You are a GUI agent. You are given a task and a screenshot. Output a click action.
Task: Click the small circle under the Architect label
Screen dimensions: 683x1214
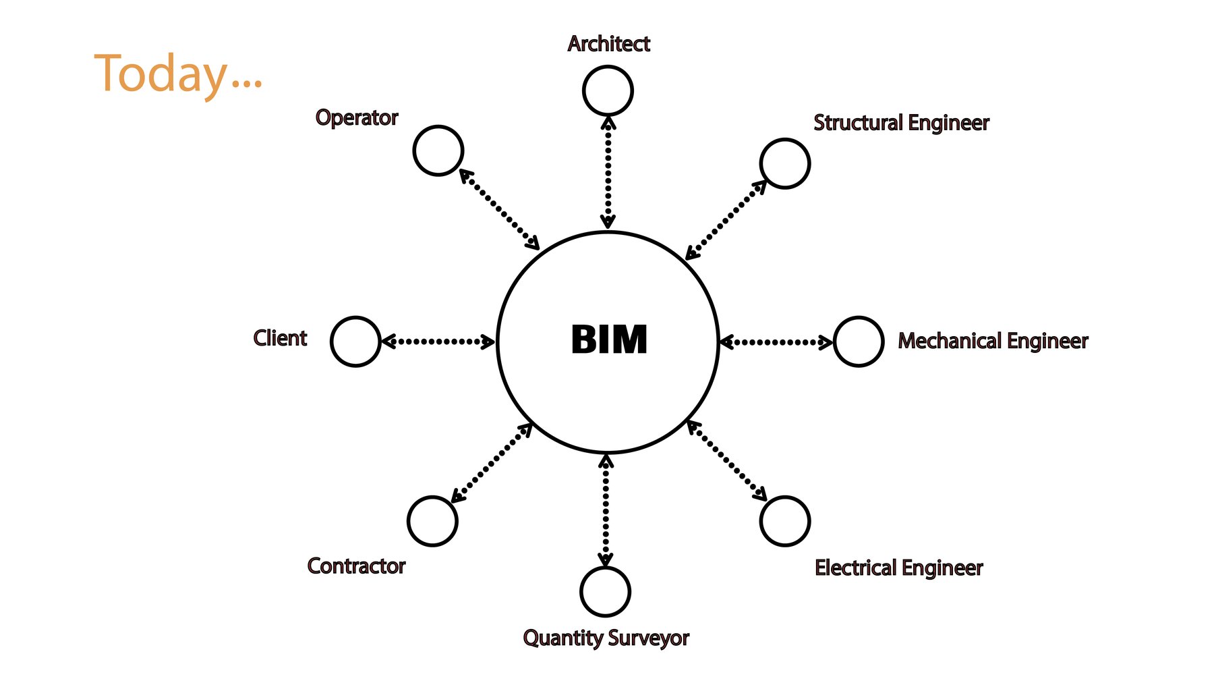(x=607, y=90)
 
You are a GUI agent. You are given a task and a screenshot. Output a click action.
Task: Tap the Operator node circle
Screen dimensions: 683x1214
(x=438, y=151)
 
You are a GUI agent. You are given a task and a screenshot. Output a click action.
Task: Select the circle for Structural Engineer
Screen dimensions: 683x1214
(x=784, y=163)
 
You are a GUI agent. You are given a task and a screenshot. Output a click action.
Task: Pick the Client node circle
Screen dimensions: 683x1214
(x=355, y=341)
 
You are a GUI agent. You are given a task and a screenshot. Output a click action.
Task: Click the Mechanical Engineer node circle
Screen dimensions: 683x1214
(x=858, y=341)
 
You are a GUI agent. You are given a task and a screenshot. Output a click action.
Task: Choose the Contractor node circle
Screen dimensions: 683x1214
(x=432, y=521)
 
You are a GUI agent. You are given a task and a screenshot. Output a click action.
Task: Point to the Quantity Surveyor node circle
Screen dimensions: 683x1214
(x=605, y=591)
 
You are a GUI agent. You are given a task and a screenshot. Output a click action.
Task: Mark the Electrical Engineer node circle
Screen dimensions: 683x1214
(x=784, y=521)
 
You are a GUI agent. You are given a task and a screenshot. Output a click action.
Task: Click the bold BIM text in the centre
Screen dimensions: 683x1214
(x=608, y=339)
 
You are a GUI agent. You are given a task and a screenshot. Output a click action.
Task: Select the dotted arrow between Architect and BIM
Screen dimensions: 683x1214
(x=608, y=172)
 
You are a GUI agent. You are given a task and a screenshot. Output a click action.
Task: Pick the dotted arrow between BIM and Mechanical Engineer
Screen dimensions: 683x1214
(x=776, y=342)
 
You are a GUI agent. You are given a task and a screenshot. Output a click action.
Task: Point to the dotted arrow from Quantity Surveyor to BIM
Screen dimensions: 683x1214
(x=606, y=510)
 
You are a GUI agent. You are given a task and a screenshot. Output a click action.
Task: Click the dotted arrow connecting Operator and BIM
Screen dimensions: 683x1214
(x=499, y=209)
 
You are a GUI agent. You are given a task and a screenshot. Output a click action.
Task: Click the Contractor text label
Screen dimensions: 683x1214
(x=356, y=566)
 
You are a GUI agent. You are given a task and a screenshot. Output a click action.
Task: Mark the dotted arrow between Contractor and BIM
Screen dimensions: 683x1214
(x=492, y=463)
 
